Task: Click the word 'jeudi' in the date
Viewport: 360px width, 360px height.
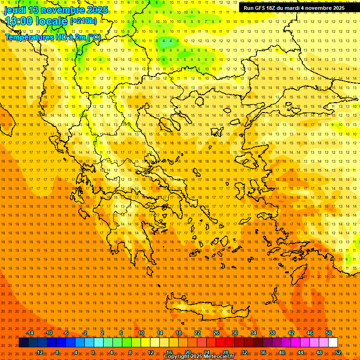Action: click(x=15, y=10)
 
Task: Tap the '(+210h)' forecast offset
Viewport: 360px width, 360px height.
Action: click(x=83, y=21)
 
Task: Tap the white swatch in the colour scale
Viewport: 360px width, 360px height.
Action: click(x=333, y=343)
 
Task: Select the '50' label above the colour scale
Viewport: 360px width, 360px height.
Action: click(x=329, y=333)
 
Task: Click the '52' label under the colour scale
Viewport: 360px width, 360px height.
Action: click(x=337, y=352)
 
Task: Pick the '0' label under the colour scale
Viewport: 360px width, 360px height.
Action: click(x=93, y=352)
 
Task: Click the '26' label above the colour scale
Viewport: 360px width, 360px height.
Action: click(x=216, y=333)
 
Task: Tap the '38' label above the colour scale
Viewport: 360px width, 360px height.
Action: click(x=272, y=333)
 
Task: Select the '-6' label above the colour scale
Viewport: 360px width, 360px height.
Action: click(x=66, y=333)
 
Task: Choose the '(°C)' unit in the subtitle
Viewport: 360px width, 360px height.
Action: click(x=93, y=37)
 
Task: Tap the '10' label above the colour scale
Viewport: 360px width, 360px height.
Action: click(x=141, y=333)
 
